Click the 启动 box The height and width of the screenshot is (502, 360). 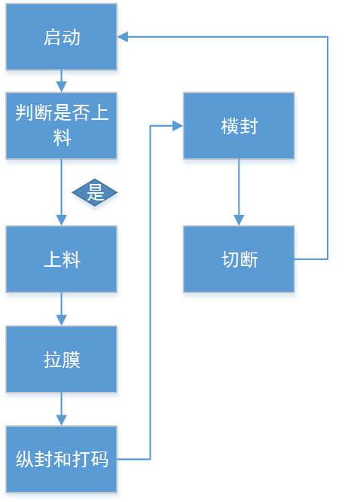(62, 38)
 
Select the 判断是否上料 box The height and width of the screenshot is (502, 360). (62, 126)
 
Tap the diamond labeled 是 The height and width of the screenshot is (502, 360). (96, 194)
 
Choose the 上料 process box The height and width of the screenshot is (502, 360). (62, 260)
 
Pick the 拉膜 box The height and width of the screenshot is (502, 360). (62, 360)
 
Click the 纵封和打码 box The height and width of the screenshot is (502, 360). (62, 459)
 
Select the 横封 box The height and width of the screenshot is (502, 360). (239, 127)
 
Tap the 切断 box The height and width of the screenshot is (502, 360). (239, 260)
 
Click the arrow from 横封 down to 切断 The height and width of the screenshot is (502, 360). (239, 194)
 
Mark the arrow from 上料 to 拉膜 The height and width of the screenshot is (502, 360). (61, 311)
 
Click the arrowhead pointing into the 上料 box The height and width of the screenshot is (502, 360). (61, 220)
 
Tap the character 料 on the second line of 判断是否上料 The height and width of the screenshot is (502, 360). (62, 139)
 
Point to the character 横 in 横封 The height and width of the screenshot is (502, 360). (230, 127)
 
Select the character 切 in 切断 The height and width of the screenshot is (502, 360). (230, 260)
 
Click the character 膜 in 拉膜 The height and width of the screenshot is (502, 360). (72, 360)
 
